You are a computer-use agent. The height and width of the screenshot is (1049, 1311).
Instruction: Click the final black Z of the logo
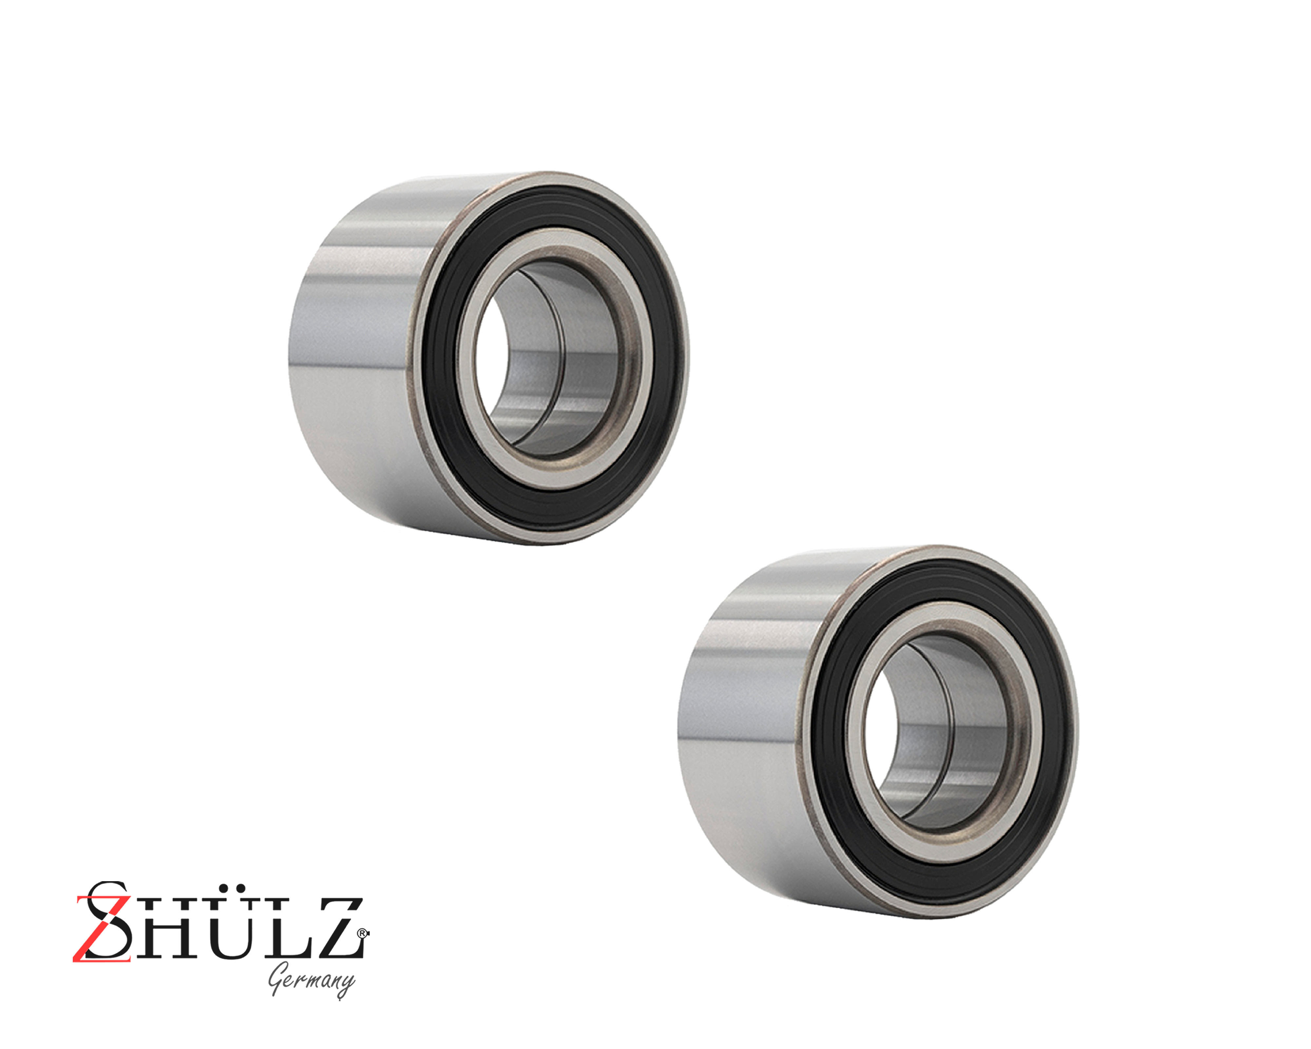334,930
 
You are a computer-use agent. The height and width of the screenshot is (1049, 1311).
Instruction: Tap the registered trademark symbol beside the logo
363,932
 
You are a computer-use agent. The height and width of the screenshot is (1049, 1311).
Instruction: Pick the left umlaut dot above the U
217,889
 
